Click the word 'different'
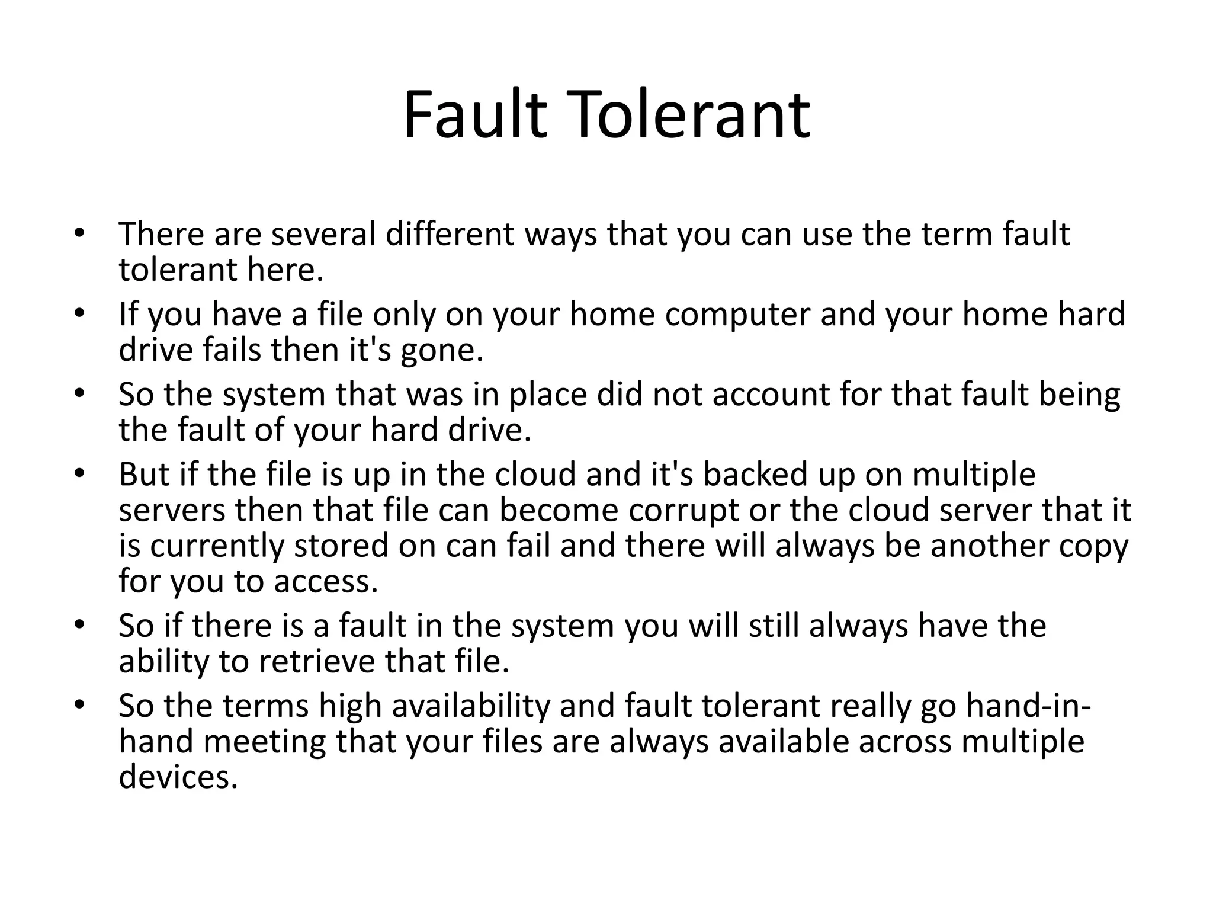click(451, 234)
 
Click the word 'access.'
click(326, 582)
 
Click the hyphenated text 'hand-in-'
click(1028, 706)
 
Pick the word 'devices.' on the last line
click(178, 777)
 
